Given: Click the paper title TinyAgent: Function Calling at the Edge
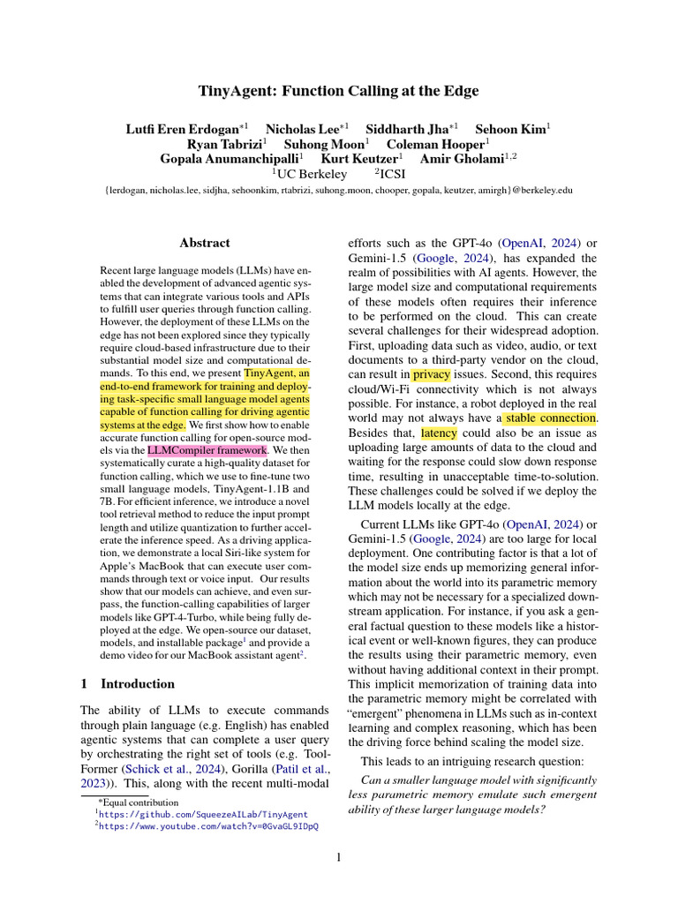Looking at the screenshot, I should point(338,90).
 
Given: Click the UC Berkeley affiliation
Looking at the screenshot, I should point(311,174).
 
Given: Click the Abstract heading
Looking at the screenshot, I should point(204,243).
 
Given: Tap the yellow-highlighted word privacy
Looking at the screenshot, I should point(431,374).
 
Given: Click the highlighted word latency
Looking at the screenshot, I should point(439,433).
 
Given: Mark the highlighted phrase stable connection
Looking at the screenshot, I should point(550,418).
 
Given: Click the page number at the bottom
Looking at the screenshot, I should point(338,857).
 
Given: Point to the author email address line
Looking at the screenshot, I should point(338,190).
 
